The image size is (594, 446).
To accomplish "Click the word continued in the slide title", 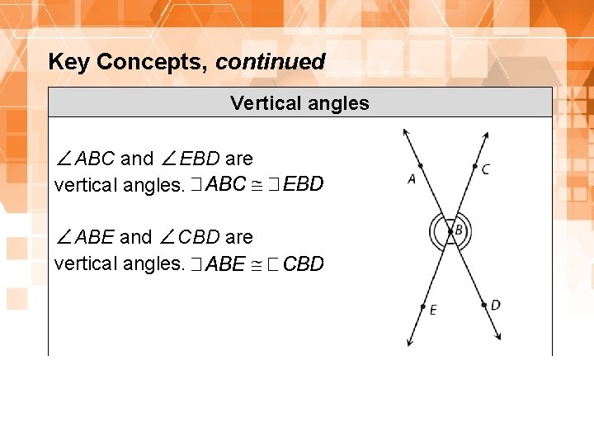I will coord(270,62).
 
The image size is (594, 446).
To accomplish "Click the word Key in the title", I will coord(69,62).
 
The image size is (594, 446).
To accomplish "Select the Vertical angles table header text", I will coord(299,103).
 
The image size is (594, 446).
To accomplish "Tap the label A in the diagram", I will coord(412,178).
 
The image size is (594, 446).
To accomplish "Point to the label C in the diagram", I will coord(486,169).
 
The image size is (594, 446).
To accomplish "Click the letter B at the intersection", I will coord(458,229).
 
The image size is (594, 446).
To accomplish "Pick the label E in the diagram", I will coord(433,310).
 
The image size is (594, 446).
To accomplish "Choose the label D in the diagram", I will coord(495,305).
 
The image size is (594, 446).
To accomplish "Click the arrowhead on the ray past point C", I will coord(486,135).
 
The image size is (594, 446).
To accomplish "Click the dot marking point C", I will coord(474,167).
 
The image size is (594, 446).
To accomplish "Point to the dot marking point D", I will coord(483,305).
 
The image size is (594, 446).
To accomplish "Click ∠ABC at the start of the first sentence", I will coord(84,159).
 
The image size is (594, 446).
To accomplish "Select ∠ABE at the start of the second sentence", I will coord(84,238).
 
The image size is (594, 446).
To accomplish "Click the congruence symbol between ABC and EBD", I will coord(256,185).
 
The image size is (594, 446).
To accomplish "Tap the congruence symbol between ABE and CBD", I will coord(255,264).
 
